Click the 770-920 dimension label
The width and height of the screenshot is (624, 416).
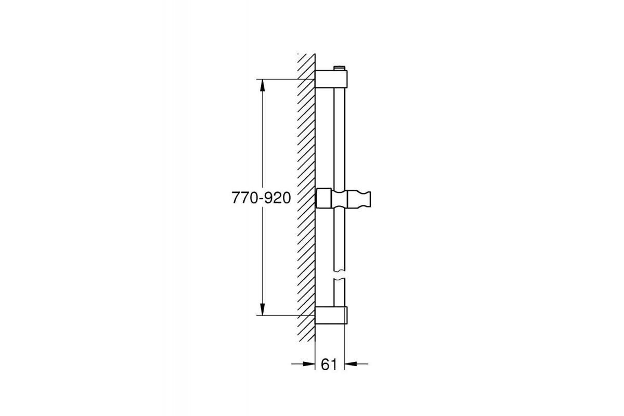[261, 198]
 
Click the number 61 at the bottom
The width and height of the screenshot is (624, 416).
[329, 364]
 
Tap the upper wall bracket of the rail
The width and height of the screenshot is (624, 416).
[331, 79]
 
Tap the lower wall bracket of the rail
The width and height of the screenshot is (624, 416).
[331, 315]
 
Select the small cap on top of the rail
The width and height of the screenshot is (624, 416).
[339, 68]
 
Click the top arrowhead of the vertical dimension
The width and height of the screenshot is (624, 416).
[262, 85]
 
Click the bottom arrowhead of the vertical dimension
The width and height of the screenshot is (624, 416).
[262, 309]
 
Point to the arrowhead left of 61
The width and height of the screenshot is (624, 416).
[309, 363]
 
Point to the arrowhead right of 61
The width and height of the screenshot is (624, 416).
[350, 363]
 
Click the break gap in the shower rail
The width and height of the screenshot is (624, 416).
[339, 275]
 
